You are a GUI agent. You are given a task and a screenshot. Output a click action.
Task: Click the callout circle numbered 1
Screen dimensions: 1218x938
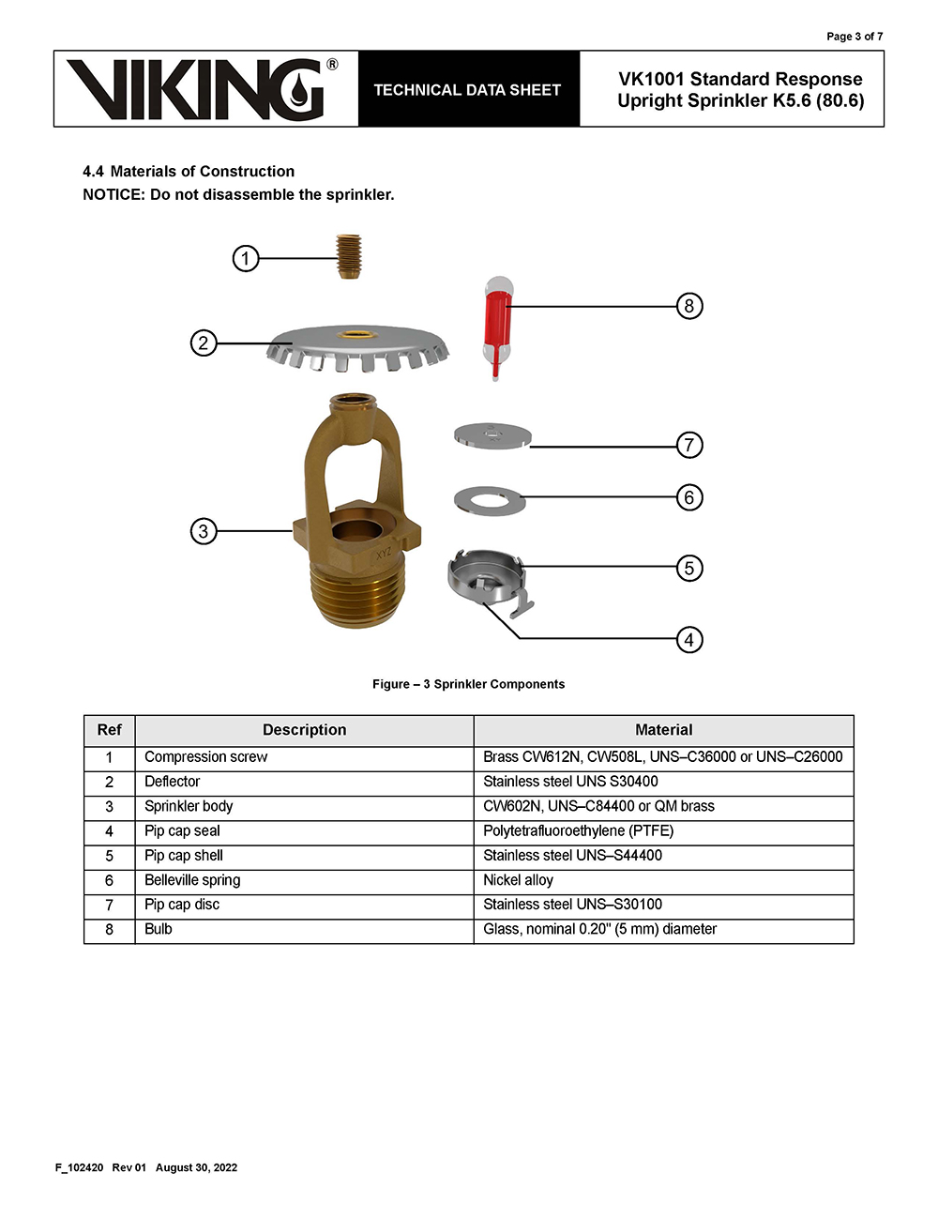coord(246,258)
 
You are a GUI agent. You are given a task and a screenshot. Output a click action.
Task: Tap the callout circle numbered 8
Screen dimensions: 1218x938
coord(689,306)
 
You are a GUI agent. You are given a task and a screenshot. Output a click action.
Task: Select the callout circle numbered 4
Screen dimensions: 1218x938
coord(689,640)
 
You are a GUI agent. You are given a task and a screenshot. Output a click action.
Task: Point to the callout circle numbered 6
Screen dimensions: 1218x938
coord(689,497)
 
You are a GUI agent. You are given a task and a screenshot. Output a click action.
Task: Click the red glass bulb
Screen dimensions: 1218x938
coord(497,324)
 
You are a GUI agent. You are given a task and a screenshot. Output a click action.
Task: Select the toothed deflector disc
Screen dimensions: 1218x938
coord(357,346)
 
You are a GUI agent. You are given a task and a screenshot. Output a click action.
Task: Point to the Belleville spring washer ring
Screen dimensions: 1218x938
coord(488,499)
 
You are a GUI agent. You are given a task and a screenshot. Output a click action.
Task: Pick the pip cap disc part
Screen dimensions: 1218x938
coord(492,436)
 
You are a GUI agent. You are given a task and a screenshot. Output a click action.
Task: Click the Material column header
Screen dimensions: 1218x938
coord(663,730)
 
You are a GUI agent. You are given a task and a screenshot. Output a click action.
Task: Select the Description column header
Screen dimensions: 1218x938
coord(304,730)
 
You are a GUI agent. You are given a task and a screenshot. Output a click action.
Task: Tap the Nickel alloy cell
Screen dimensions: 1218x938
coord(518,880)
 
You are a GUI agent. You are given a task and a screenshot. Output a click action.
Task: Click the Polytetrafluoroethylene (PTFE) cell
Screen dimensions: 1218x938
coord(578,830)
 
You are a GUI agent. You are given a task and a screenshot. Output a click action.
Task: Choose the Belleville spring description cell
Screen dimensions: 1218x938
coord(192,880)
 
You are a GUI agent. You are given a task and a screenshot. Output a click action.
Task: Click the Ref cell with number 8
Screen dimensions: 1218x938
coord(109,929)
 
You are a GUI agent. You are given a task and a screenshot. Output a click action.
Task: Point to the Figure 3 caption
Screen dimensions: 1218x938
coord(468,684)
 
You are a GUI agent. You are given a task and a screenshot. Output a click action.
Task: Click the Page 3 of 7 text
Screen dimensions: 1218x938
coord(854,37)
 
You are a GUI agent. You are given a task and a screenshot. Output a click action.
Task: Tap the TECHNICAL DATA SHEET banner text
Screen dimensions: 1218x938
coord(467,90)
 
